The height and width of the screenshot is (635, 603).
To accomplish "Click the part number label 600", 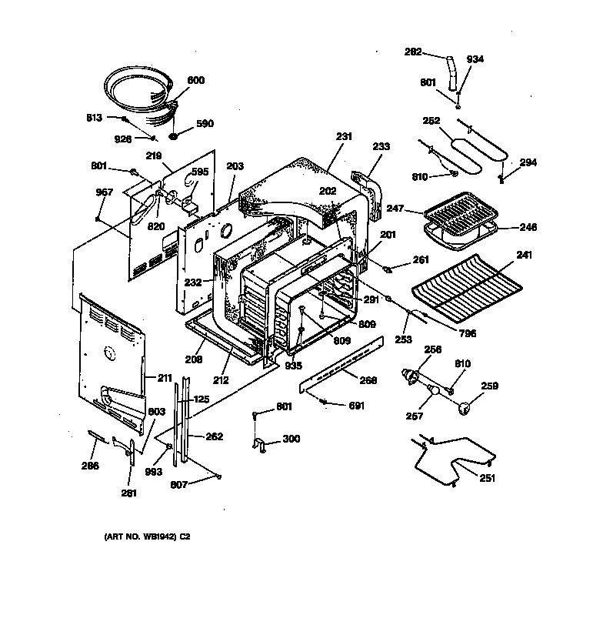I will [196, 81].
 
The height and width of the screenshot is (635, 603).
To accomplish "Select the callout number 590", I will [205, 124].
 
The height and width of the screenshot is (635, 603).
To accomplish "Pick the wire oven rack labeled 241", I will [461, 289].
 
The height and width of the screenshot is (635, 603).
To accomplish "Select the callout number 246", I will [528, 228].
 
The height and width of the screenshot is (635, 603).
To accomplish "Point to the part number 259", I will [490, 386].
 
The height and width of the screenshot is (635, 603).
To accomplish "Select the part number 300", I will [292, 439].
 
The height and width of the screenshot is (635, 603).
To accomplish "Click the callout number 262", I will [214, 436].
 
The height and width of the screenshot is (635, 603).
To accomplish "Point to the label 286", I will [91, 465].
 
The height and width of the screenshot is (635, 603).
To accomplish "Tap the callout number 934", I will [475, 59].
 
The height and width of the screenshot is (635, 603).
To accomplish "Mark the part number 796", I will [468, 333].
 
